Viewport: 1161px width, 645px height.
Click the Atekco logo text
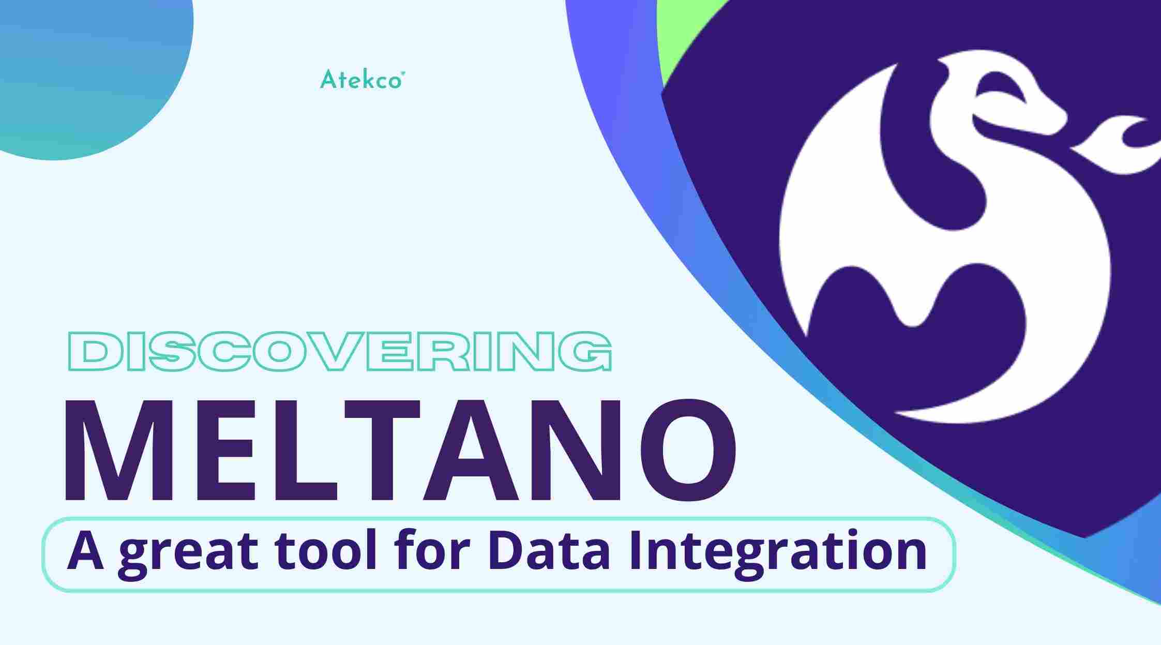click(361, 80)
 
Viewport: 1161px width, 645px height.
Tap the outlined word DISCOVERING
click(340, 352)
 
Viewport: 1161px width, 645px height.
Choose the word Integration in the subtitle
click(777, 552)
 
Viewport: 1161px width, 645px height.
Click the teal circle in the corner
click(78, 67)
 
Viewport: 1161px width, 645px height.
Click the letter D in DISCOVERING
click(92, 352)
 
